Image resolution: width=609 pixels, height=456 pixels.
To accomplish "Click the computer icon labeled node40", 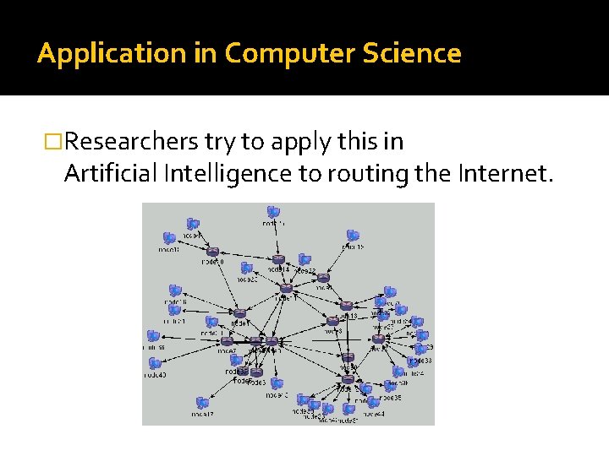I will [x=155, y=364].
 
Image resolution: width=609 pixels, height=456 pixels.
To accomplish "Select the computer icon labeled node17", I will [x=203, y=403].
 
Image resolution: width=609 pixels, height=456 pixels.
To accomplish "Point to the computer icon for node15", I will [x=353, y=236].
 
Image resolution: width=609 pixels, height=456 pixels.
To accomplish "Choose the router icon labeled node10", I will [x=212, y=252].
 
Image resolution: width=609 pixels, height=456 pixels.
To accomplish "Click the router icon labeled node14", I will [x=278, y=260].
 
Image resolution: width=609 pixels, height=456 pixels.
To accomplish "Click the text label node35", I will [x=390, y=397].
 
